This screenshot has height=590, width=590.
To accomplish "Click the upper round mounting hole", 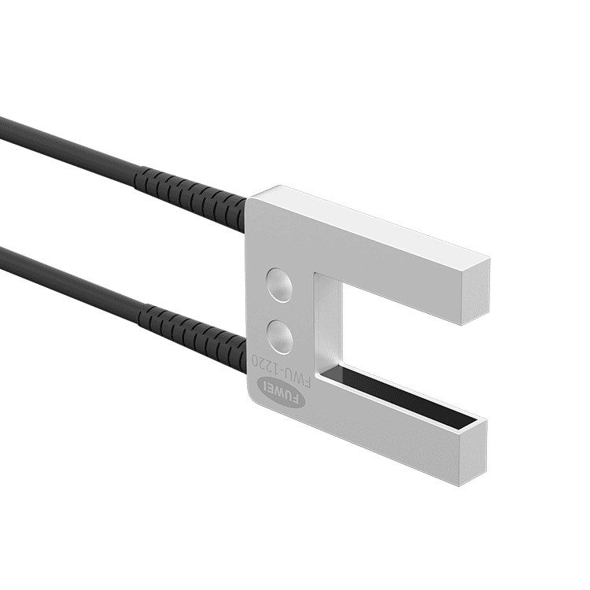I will (x=279, y=283).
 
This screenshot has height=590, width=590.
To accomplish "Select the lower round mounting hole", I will (x=281, y=336).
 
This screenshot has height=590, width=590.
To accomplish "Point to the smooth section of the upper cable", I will (x=63, y=145).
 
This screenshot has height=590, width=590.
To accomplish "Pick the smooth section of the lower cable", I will (x=63, y=275).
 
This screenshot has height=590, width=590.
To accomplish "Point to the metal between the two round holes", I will (x=280, y=310).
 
